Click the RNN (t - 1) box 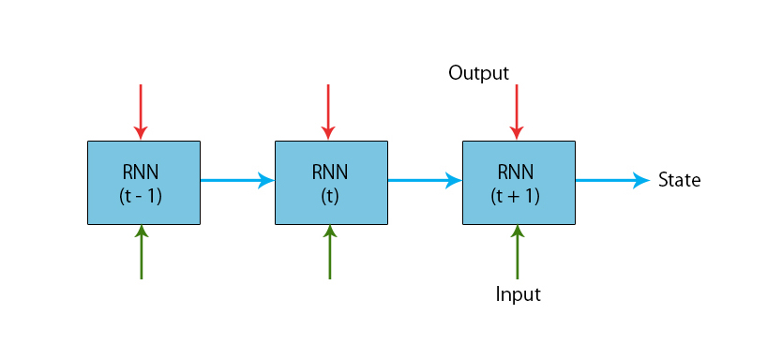pos(143,183)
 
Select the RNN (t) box pos(330,183)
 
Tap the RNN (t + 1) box pos(518,183)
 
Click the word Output pos(478,73)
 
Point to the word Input pos(518,294)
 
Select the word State pos(679,180)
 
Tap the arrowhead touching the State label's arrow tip pos(642,180)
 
